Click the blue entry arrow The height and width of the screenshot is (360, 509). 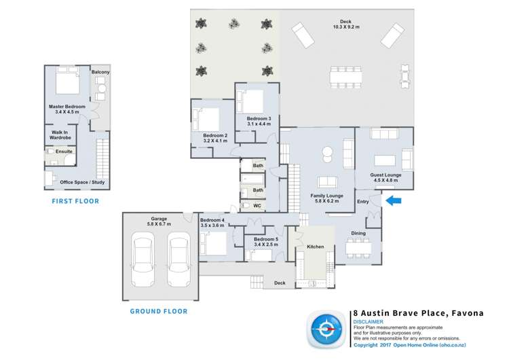pos(394,200)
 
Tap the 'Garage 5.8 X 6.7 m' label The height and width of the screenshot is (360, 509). pos(159,221)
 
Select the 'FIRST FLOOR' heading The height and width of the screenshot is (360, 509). pos(75,201)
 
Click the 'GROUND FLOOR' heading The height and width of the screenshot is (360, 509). pos(159,311)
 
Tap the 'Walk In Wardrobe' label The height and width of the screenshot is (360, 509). pos(60,134)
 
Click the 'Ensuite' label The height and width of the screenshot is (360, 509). pos(64,151)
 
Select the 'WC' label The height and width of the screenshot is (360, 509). pos(257,205)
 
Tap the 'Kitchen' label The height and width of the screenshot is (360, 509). pos(316,247)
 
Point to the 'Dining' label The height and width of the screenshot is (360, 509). pos(358,233)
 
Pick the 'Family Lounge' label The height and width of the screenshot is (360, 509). pos(326,199)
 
